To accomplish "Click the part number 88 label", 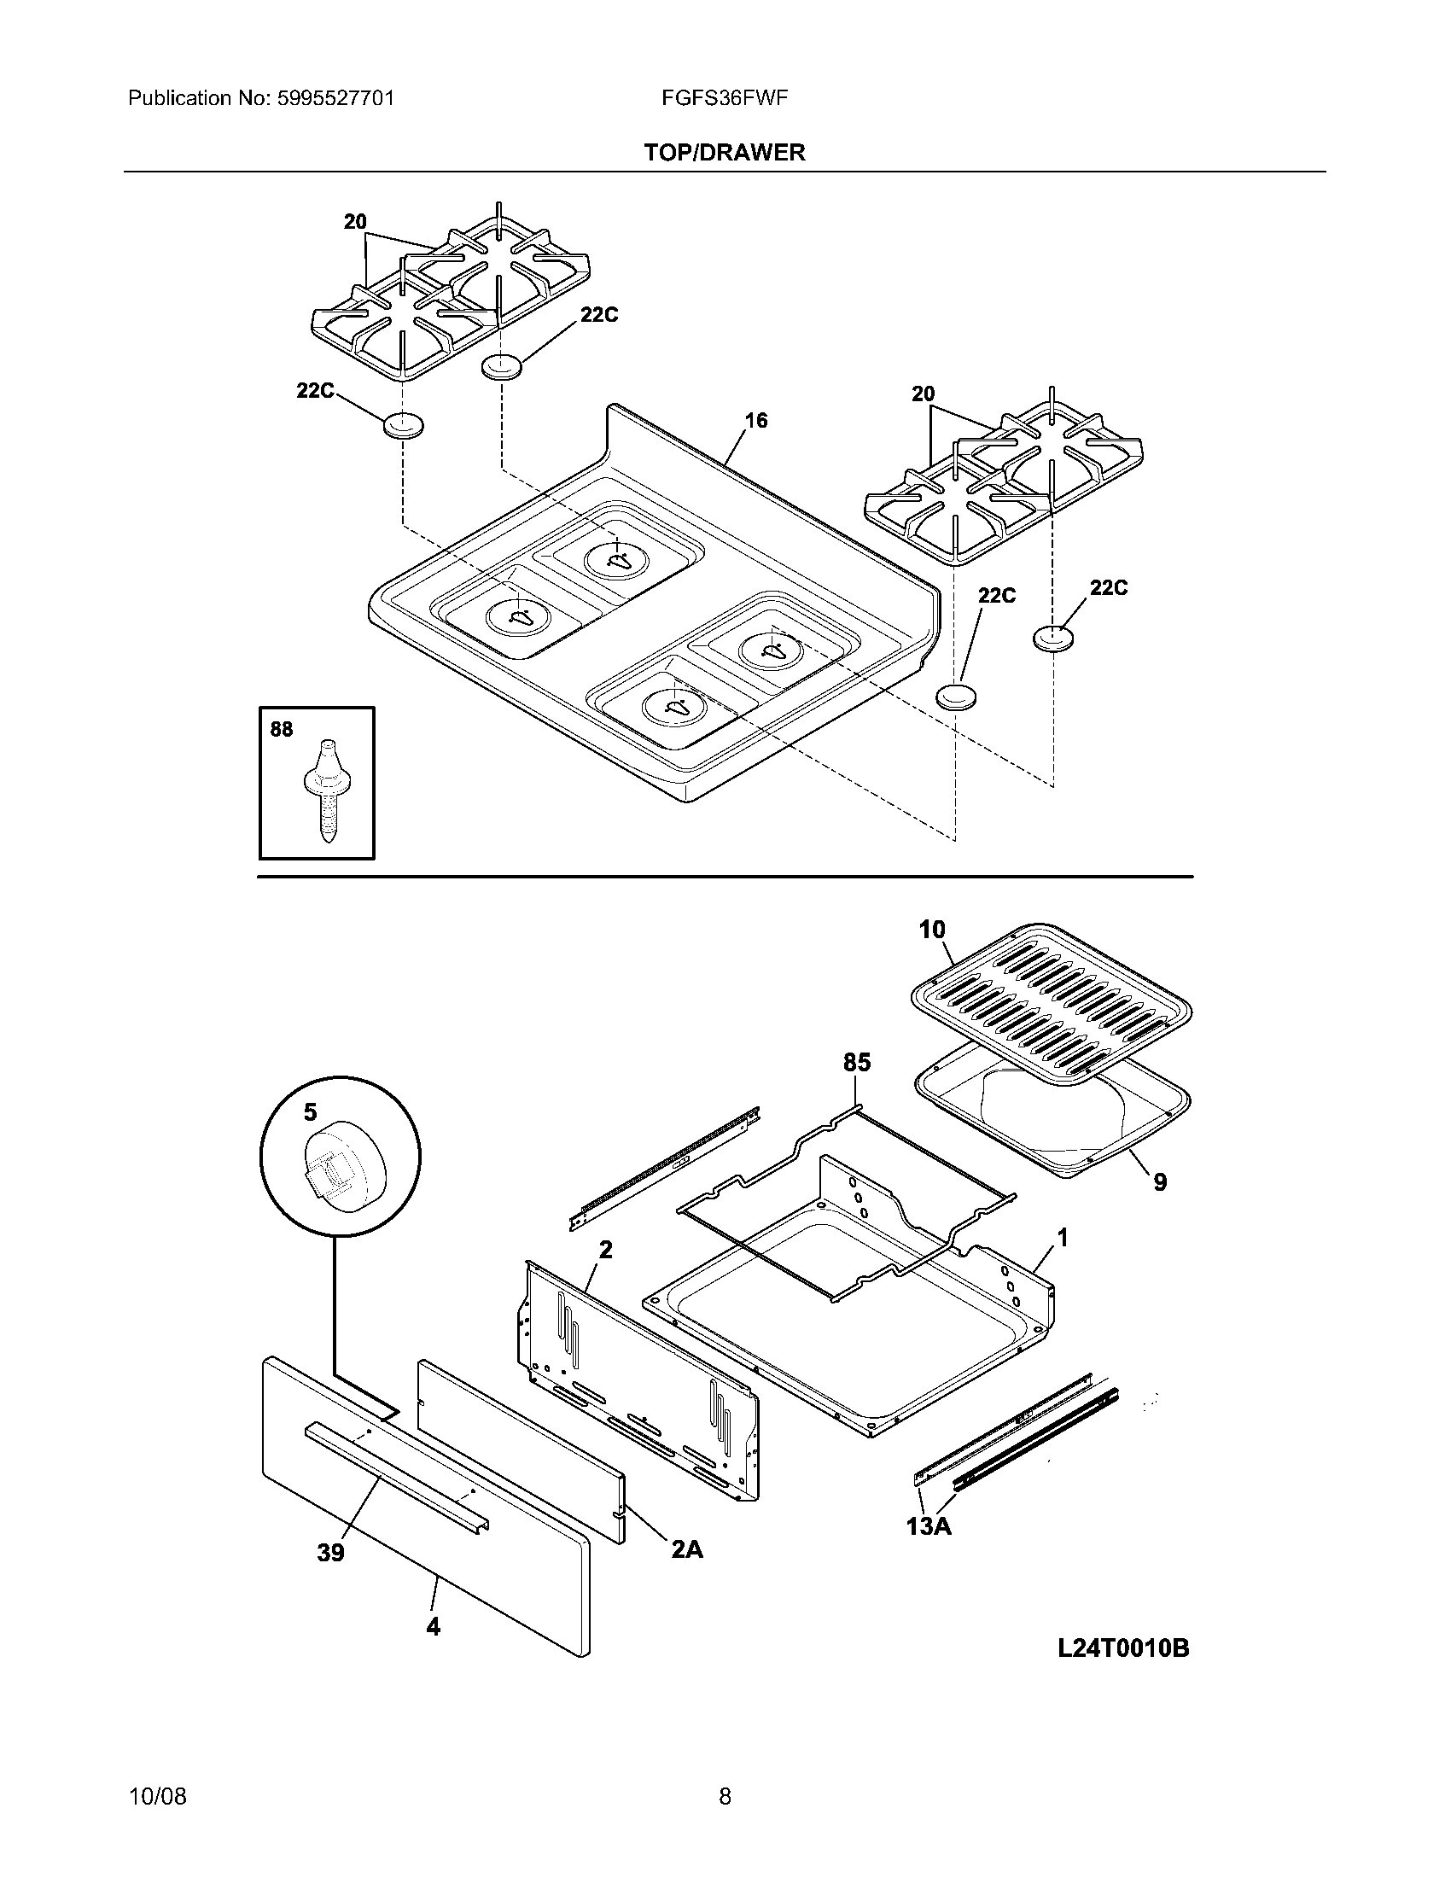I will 281,729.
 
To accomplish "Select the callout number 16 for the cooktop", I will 755,421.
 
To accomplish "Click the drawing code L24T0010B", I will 1122,1648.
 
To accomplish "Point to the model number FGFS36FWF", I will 725,98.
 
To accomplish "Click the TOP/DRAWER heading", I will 725,152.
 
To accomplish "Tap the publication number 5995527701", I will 335,98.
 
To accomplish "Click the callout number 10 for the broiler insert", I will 932,930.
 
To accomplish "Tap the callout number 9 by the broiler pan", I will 1160,1182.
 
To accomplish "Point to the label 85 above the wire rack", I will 857,1063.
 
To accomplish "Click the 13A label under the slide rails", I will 929,1526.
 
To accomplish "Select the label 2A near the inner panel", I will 687,1548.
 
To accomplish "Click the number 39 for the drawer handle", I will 331,1552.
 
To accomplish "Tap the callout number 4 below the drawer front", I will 434,1626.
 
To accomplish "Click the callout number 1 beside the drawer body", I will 1063,1239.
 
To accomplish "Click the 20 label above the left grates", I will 355,222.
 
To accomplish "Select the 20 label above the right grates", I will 923,394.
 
